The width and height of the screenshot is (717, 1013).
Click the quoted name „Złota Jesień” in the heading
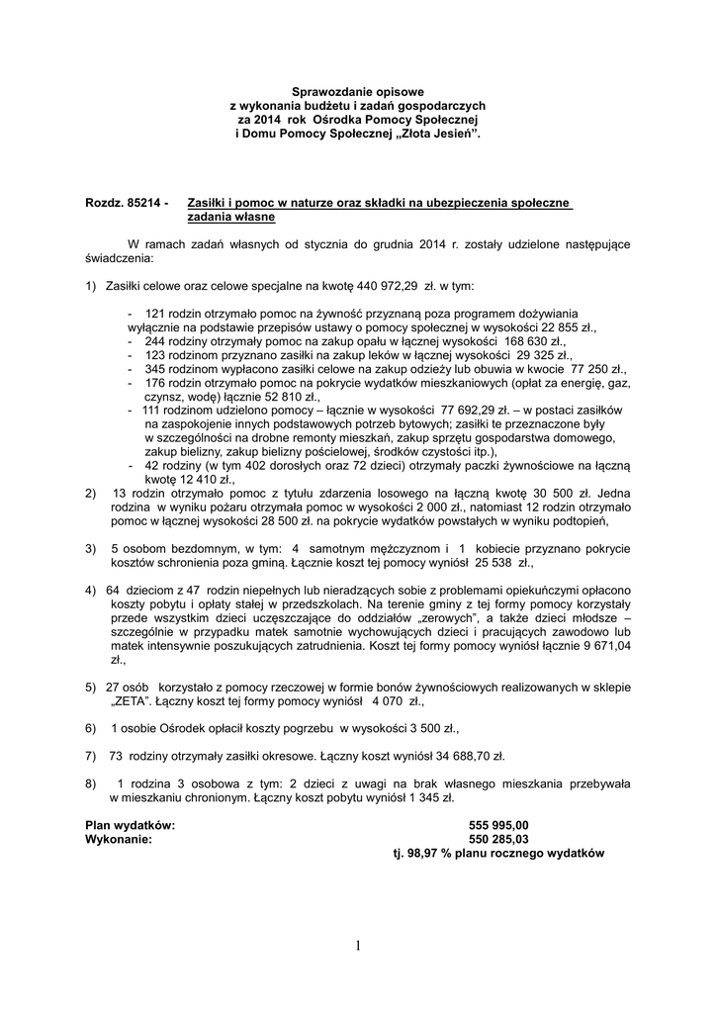(x=437, y=133)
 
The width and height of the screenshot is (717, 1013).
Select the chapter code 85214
(x=142, y=203)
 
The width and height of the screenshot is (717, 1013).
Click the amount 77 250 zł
(x=562, y=367)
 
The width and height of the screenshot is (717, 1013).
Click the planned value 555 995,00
(x=498, y=824)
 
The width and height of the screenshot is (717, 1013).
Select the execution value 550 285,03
(x=498, y=838)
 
